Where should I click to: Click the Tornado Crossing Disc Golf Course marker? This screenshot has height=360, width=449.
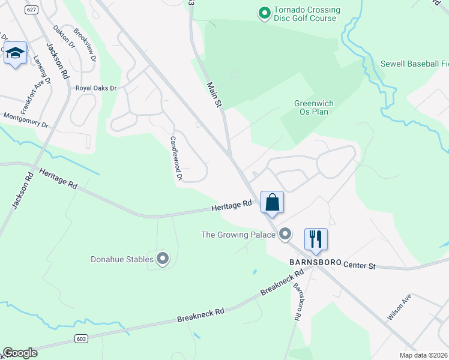pyautogui.click(x=264, y=13)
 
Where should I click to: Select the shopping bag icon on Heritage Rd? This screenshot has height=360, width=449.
pyautogui.click(x=272, y=202)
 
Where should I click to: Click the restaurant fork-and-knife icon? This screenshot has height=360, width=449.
pyautogui.click(x=315, y=239)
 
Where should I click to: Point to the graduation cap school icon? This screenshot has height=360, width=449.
pyautogui.click(x=15, y=53)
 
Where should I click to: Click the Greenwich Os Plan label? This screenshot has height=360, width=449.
pyautogui.click(x=314, y=107)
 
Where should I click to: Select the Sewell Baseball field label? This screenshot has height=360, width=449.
pyautogui.click(x=414, y=64)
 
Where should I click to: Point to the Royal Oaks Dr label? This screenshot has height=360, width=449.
pyautogui.click(x=95, y=88)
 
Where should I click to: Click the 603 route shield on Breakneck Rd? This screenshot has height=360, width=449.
pyautogui.click(x=81, y=338)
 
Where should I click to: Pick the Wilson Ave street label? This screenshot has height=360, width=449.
pyautogui.click(x=399, y=306)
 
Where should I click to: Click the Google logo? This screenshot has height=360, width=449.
pyautogui.click(x=20, y=353)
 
